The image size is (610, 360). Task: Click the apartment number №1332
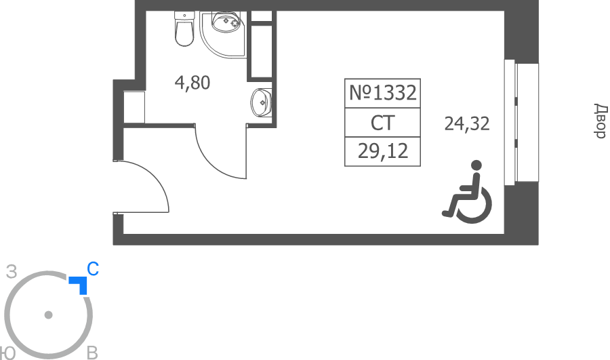coord(383,93)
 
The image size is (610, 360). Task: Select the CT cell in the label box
coord(383,123)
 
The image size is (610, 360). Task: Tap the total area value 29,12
coord(383,151)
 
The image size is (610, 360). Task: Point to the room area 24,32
coord(467,124)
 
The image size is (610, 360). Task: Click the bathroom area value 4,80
coord(192,83)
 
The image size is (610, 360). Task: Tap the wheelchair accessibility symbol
coord(467,192)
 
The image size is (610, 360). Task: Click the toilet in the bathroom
coord(184,28)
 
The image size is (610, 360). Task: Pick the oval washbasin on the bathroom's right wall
coord(261,103)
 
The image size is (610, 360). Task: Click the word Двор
coord(601,121)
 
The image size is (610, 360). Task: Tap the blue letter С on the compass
coord(93,269)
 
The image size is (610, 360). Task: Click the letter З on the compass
coord(12,272)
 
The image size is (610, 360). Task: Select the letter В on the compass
coord(92,353)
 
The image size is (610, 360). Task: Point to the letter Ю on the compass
coord(7,353)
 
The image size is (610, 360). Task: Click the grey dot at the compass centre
coord(49,315)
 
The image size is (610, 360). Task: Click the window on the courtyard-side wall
coord(521,122)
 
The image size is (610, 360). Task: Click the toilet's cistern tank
coord(184,16)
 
